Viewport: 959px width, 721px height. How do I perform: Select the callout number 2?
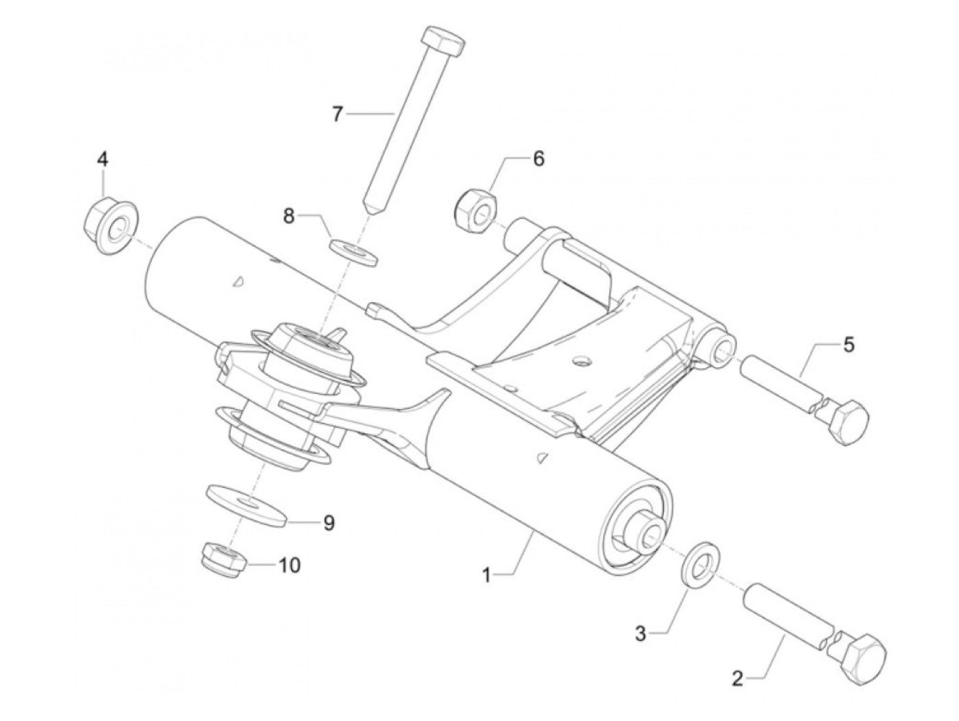tap(737, 679)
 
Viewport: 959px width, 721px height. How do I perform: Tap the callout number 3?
tap(640, 635)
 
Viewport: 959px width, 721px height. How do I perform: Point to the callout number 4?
tap(102, 160)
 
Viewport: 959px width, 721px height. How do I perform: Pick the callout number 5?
tap(849, 344)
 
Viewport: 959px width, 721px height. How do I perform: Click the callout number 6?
tap(538, 159)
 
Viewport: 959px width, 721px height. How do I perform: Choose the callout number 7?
tap(337, 114)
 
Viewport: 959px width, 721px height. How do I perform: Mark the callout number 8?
tap(289, 217)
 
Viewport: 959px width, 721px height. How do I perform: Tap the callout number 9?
tap(329, 523)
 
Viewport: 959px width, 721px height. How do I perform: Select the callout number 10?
tap(289, 565)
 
